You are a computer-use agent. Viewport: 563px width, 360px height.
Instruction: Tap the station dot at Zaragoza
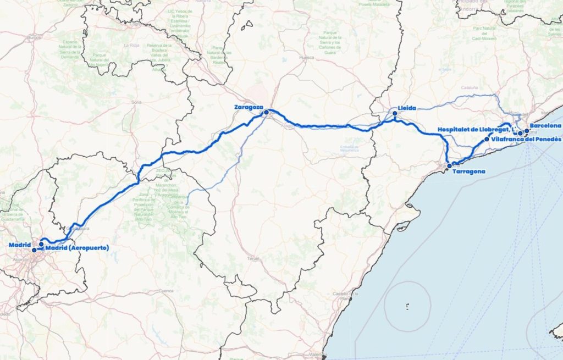[x=266, y=113]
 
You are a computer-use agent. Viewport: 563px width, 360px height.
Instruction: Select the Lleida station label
[x=407, y=108]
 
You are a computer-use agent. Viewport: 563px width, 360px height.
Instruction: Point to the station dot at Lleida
[x=395, y=114]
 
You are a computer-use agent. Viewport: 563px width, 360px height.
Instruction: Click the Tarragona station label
[x=468, y=171]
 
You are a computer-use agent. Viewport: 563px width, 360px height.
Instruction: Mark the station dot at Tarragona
[x=449, y=165]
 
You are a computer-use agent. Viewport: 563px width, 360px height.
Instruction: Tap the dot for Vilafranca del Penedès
[x=487, y=139]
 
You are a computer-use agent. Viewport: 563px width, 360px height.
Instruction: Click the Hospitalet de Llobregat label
[x=477, y=130]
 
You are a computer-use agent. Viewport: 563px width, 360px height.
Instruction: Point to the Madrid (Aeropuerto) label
[x=77, y=248]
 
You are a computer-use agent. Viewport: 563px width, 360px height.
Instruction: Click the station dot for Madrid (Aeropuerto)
[x=41, y=245]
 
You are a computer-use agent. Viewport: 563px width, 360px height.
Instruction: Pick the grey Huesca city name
[x=307, y=57]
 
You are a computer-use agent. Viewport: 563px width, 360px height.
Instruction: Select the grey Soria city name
[x=137, y=102]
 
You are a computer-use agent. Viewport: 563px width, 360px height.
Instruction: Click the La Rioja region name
[x=131, y=45]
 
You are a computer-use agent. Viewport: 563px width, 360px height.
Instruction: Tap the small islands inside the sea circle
[x=407, y=307]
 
